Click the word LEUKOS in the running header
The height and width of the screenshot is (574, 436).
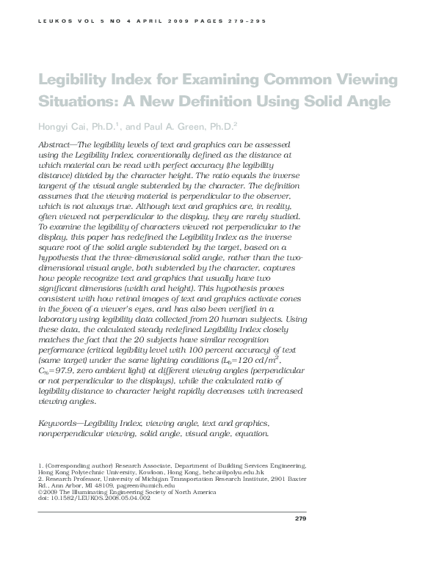pyautogui.click(x=53, y=21)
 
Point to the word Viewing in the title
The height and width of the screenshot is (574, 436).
pyautogui.click(x=360, y=79)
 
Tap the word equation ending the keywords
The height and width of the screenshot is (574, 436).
pyautogui.click(x=250, y=434)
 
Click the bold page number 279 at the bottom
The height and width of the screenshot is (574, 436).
pyautogui.click(x=299, y=519)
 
